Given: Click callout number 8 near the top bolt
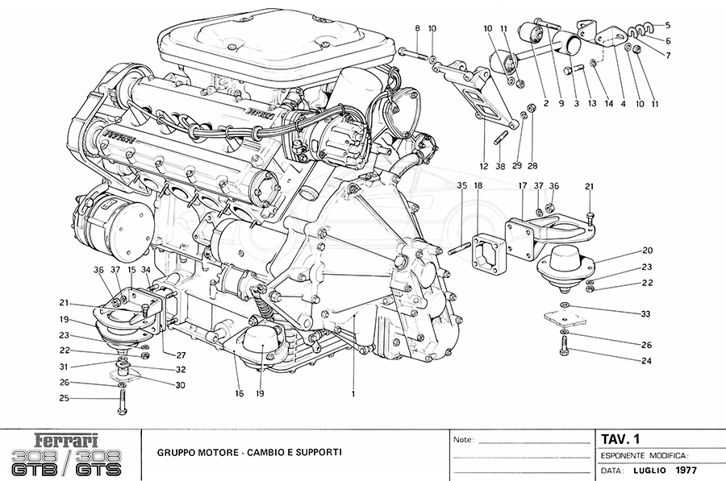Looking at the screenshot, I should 418,29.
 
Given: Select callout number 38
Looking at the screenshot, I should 501,166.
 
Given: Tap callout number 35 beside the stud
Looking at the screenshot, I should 462,186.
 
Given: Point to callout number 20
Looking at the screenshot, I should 647,251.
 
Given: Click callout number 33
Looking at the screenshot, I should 647,313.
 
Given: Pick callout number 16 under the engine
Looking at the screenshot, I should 239,393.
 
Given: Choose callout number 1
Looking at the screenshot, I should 353,393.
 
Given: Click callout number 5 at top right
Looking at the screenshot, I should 668,24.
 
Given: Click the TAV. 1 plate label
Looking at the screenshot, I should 621,439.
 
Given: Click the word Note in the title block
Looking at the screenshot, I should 462,441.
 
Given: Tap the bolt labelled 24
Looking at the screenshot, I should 563,346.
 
